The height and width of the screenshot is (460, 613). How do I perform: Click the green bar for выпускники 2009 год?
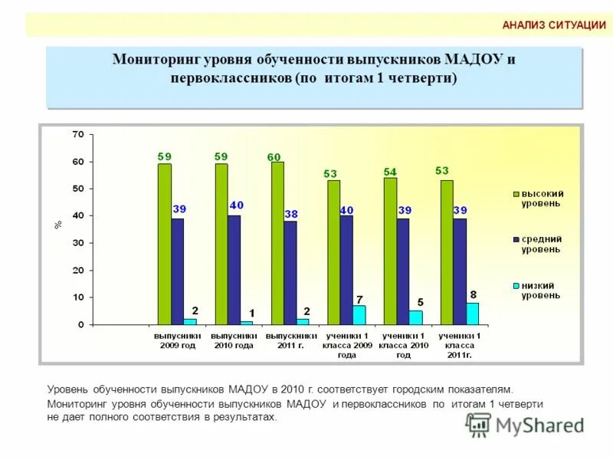tap(165, 244)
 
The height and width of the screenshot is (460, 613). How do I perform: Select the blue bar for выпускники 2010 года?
tap(234, 270)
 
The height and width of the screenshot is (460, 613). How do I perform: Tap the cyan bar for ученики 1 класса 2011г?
tap(472, 314)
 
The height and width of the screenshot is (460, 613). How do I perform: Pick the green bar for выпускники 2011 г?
tap(277, 243)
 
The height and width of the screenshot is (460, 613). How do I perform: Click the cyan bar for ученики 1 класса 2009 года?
tap(359, 315)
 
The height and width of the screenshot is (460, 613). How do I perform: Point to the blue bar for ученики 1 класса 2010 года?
tap(403, 271)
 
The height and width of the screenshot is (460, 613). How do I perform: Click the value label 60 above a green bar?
tap(274, 157)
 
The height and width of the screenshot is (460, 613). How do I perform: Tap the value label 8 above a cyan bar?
tap(473, 294)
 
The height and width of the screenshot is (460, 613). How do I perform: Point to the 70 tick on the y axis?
tap(77, 134)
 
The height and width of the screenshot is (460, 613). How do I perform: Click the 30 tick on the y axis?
tap(77, 243)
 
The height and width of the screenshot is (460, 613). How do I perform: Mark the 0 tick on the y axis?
tap(80, 325)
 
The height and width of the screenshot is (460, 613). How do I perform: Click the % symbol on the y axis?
tap(58, 225)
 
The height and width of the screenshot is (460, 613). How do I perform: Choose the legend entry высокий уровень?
tap(542, 199)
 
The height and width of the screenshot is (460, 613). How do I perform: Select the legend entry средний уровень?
tap(542, 244)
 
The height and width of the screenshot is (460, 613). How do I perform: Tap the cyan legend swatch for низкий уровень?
tap(516, 286)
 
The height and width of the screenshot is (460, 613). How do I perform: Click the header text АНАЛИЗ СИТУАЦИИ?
tap(554, 25)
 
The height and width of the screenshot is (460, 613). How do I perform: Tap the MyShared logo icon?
tap(479, 425)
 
